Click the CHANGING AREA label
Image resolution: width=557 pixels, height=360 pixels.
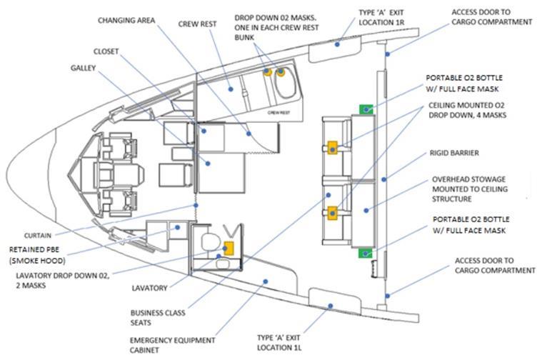[x=128, y=20]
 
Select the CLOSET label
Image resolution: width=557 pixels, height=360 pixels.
[x=106, y=51]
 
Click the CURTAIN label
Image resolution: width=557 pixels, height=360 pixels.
[x=39, y=235]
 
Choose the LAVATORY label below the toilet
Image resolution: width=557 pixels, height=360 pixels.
[x=149, y=288]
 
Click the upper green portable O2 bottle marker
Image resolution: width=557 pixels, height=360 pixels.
[x=366, y=109]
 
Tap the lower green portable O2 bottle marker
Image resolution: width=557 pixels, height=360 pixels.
[x=366, y=253]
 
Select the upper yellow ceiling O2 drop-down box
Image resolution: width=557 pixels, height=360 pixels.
[x=333, y=148]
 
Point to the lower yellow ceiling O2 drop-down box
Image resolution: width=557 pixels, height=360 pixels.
[x=333, y=211]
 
